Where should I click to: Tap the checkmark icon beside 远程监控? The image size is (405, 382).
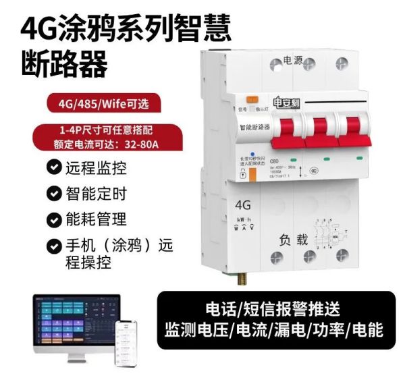point(53,166)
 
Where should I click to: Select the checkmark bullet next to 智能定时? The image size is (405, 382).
point(53,193)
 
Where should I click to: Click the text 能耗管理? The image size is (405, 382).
point(96,219)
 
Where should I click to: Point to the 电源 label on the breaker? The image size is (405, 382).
point(294,59)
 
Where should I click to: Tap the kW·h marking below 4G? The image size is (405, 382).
point(244,219)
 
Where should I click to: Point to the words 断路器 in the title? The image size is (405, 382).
point(65,65)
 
